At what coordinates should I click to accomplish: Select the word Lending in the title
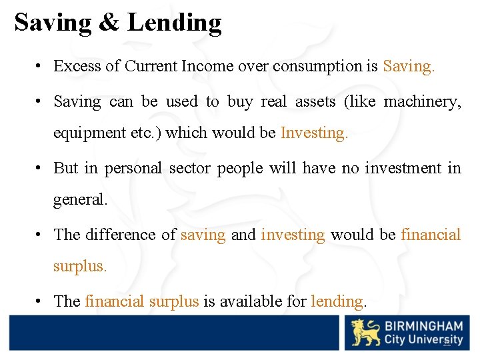[174, 23]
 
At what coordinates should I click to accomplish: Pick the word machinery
[423, 102]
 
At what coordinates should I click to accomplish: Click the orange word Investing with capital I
[314, 133]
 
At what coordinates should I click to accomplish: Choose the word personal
[133, 168]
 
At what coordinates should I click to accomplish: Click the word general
[80, 199]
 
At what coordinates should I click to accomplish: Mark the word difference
[121, 235]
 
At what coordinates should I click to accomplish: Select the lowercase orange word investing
[293, 235]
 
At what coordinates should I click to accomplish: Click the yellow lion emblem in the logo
[365, 333]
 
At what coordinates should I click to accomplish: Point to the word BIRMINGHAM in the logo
[423, 327]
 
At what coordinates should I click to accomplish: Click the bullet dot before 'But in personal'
[41, 168]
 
